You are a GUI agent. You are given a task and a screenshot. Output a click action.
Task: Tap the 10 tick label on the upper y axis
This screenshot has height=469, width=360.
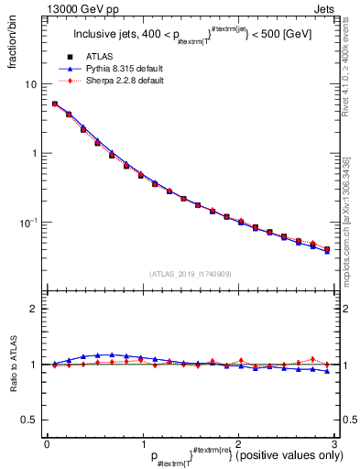pos(30,84)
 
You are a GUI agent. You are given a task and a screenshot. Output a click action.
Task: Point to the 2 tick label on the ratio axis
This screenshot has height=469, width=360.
pos(33,309)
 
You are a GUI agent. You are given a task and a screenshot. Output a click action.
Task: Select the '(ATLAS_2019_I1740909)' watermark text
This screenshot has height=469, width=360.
pos(188,274)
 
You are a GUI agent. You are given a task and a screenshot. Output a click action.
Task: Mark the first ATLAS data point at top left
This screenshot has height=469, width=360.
pos(55,104)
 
